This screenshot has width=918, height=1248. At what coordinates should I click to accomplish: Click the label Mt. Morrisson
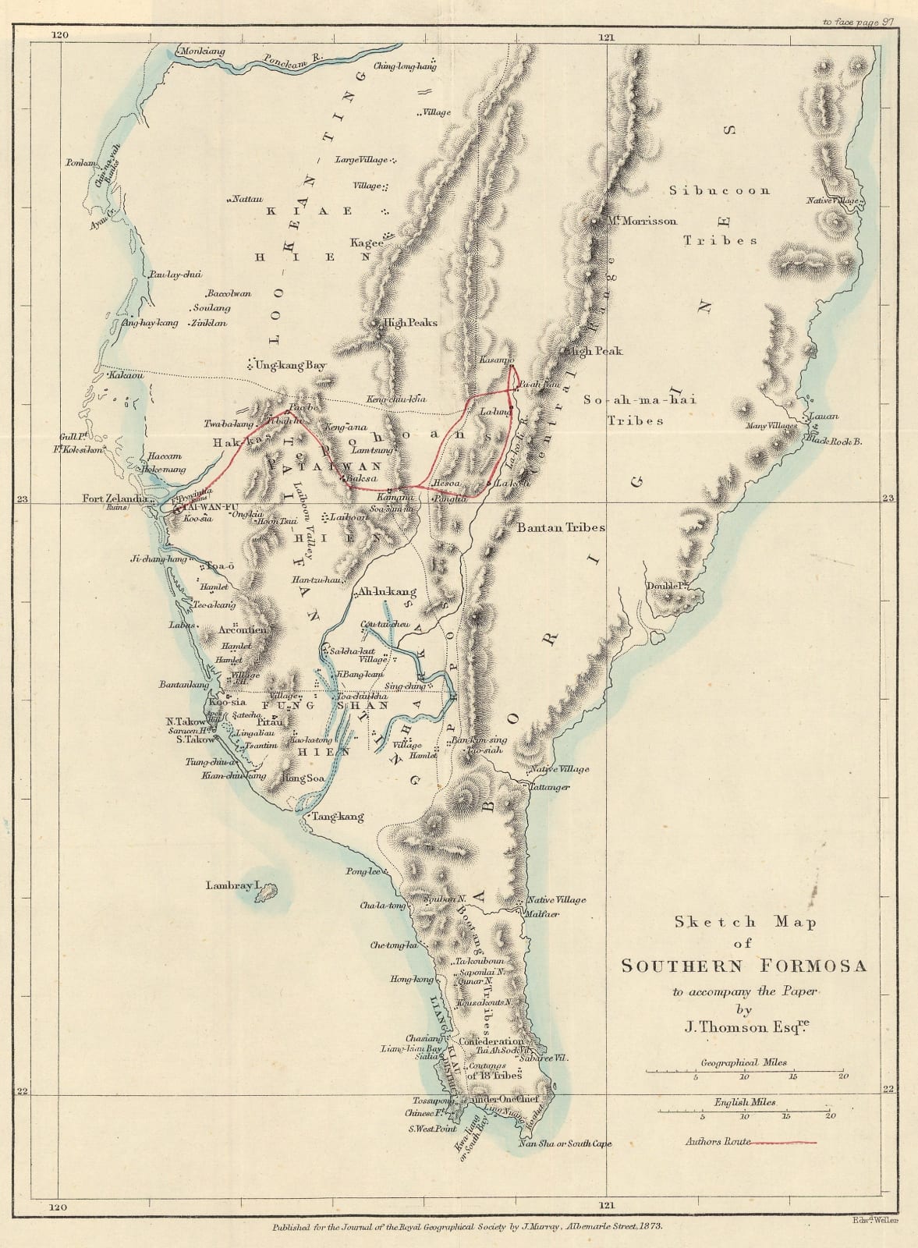coord(643,221)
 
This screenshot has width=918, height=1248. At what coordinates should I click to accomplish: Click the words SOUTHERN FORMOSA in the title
coord(743,966)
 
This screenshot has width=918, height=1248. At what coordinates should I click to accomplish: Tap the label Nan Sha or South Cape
coord(565,1143)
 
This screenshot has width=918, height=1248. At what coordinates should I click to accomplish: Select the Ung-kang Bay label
coord(289,364)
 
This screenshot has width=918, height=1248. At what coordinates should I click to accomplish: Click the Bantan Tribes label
coord(561,527)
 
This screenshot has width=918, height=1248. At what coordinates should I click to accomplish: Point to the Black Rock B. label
coord(833,441)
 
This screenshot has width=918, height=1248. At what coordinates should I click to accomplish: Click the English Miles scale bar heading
coord(745,1102)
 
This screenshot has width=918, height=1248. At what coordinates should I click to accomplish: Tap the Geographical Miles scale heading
coord(743,1062)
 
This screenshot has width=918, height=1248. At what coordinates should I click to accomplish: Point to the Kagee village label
coord(367,243)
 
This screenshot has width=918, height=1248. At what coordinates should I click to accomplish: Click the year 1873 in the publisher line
coord(650,1226)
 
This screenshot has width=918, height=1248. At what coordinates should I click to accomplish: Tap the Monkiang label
coord(202,51)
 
